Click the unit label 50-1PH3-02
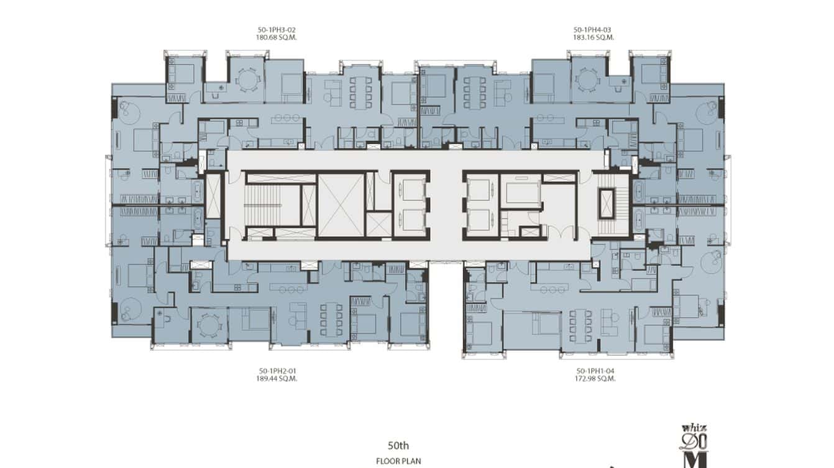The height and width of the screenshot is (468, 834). click(277, 29)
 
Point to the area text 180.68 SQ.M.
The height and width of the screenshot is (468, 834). click(277, 37)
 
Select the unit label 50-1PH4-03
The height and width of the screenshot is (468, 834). click(593, 29)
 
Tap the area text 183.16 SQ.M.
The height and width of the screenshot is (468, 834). click(593, 37)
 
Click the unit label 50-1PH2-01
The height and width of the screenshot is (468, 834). click(277, 371)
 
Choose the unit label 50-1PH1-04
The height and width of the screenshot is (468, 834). click(595, 371)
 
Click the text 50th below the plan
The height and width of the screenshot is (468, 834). click(398, 445)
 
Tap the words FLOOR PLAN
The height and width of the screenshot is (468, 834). click(398, 461)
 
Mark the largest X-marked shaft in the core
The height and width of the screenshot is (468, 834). click(341, 205)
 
